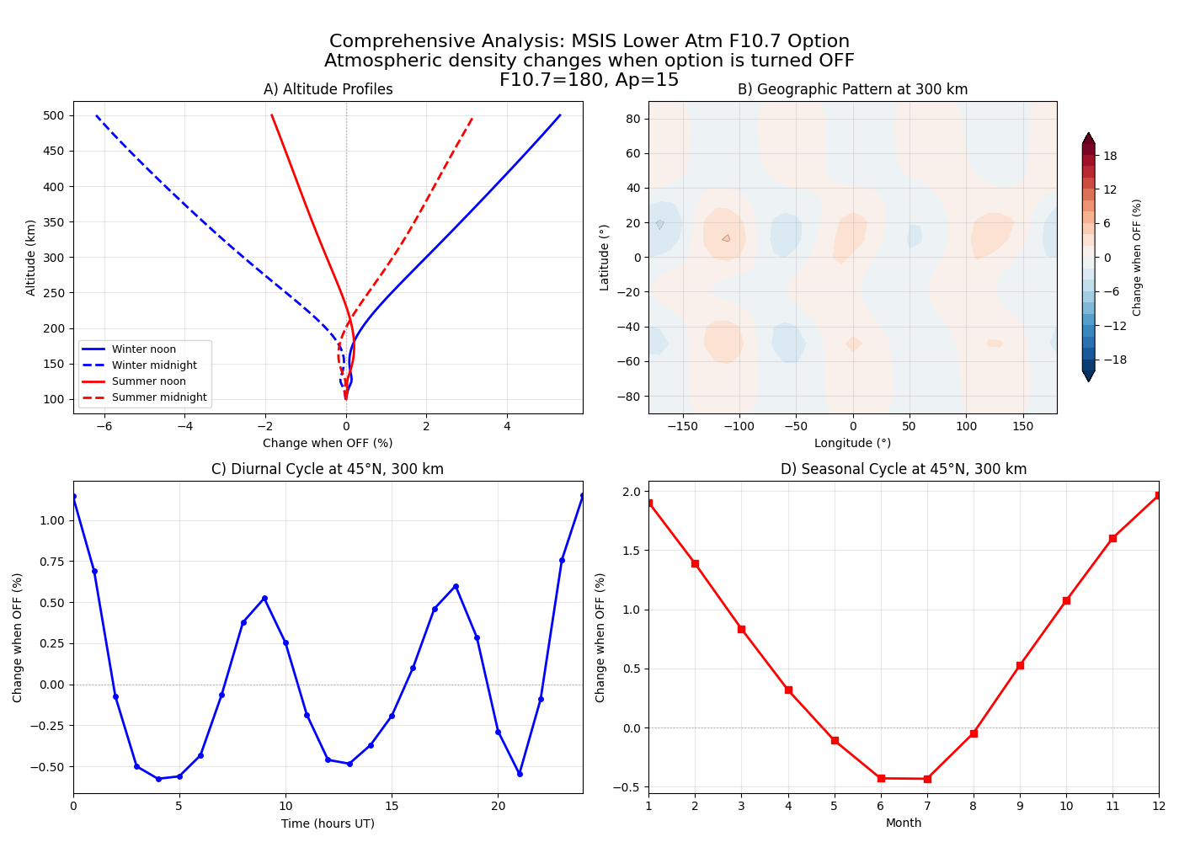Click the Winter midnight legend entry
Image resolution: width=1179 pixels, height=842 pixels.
click(154, 365)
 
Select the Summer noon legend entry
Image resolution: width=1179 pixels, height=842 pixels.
click(148, 381)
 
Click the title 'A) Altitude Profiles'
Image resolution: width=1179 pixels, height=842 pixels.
click(328, 89)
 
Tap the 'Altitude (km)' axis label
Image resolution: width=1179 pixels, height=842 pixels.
click(31, 258)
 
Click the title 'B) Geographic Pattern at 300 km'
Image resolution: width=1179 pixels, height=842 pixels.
click(852, 89)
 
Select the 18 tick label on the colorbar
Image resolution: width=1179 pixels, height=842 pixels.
click(1110, 156)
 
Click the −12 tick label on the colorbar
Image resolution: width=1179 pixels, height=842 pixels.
click(1114, 326)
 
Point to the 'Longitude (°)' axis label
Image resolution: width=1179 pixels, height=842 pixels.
click(852, 443)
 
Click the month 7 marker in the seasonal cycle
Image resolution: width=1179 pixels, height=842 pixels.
click(927, 779)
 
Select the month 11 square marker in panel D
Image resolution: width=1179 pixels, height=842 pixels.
click(1112, 538)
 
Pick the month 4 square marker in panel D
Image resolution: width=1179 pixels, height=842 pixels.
click(788, 690)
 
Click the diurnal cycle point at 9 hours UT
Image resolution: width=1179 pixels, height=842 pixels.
click(264, 598)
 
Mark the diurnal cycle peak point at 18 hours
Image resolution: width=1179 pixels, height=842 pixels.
click(456, 586)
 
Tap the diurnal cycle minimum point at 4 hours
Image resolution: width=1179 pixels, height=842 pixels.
click(158, 779)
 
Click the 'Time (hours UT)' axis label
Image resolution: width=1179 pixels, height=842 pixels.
click(328, 823)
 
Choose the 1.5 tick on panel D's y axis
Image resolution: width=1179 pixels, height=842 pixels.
click(630, 551)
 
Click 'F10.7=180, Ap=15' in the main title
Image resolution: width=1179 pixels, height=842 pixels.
click(589, 80)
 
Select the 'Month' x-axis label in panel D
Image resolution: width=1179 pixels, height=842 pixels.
click(903, 823)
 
